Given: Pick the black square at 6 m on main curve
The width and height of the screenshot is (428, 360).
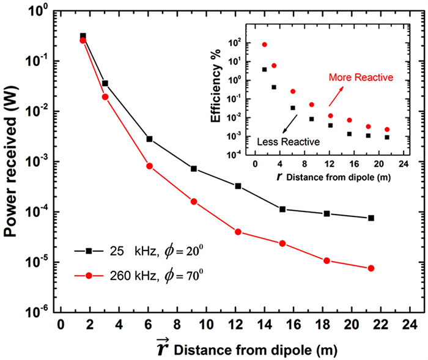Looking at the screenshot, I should coord(149,139).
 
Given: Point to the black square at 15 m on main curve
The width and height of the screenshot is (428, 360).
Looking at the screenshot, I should coord(282,209).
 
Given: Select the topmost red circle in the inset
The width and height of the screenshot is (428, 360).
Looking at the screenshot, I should coord(264,45).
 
